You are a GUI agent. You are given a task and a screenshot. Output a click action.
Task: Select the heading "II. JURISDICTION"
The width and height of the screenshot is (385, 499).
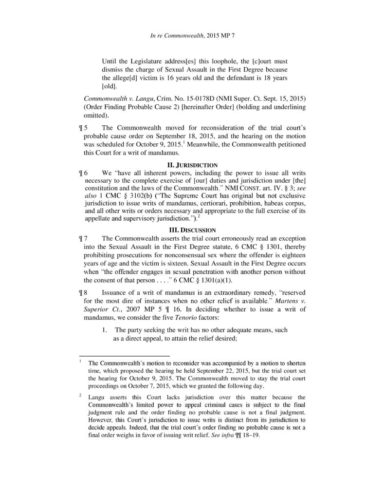coord(192,165)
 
